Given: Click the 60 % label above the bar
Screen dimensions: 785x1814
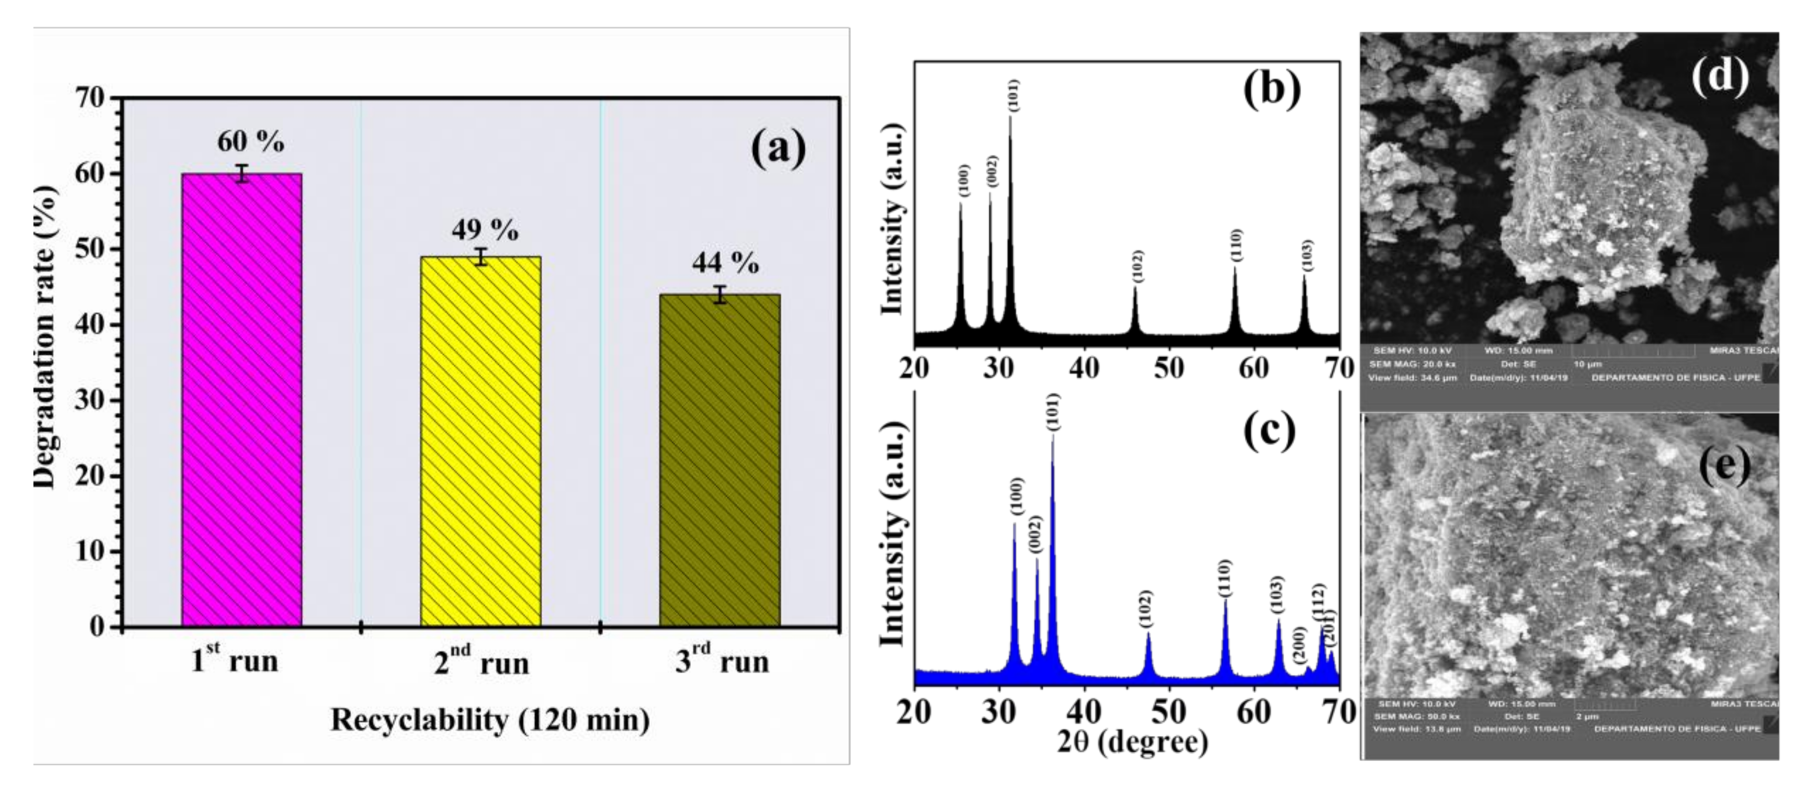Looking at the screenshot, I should [250, 142].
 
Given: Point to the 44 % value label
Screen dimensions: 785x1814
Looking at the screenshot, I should [725, 263].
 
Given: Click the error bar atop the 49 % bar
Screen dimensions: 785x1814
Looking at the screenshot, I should [481, 256].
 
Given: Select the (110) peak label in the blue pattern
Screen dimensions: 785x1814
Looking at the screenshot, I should [1225, 579].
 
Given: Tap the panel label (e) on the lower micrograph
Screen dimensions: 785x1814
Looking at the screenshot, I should [1724, 465].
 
